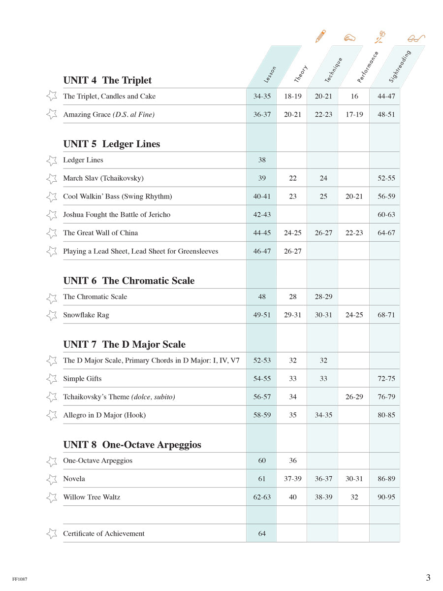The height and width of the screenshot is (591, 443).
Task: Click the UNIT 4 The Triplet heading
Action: [107, 80]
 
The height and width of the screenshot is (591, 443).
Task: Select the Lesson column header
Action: [270, 74]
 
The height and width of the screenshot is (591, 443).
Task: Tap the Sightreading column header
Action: [399, 66]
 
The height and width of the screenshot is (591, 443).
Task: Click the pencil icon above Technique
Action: [320, 36]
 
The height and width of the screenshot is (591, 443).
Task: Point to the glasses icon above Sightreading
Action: [416, 38]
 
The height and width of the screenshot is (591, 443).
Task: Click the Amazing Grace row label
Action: [109, 115]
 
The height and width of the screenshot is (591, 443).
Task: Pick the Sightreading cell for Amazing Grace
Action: [386, 115]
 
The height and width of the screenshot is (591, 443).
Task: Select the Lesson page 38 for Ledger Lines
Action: [262, 160]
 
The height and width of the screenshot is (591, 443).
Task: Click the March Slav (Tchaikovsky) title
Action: [103, 178]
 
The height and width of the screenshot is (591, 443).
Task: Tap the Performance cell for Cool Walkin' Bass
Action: [354, 197]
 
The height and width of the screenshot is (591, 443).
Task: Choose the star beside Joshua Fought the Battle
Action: [52, 215]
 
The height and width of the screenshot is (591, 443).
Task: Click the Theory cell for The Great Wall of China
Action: [292, 233]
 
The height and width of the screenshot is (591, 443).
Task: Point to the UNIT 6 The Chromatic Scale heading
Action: [128, 281]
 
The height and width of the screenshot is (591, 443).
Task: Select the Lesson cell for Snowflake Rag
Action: [262, 315]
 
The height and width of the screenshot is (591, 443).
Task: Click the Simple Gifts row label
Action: [82, 379]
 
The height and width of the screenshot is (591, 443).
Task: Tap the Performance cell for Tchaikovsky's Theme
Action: [354, 397]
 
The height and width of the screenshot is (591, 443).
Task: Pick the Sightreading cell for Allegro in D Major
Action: [386, 415]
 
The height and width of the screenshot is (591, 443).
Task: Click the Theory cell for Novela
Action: [292, 479]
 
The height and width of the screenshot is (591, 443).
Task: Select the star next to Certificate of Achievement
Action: [52, 533]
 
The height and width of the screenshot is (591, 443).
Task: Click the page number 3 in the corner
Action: [428, 578]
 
